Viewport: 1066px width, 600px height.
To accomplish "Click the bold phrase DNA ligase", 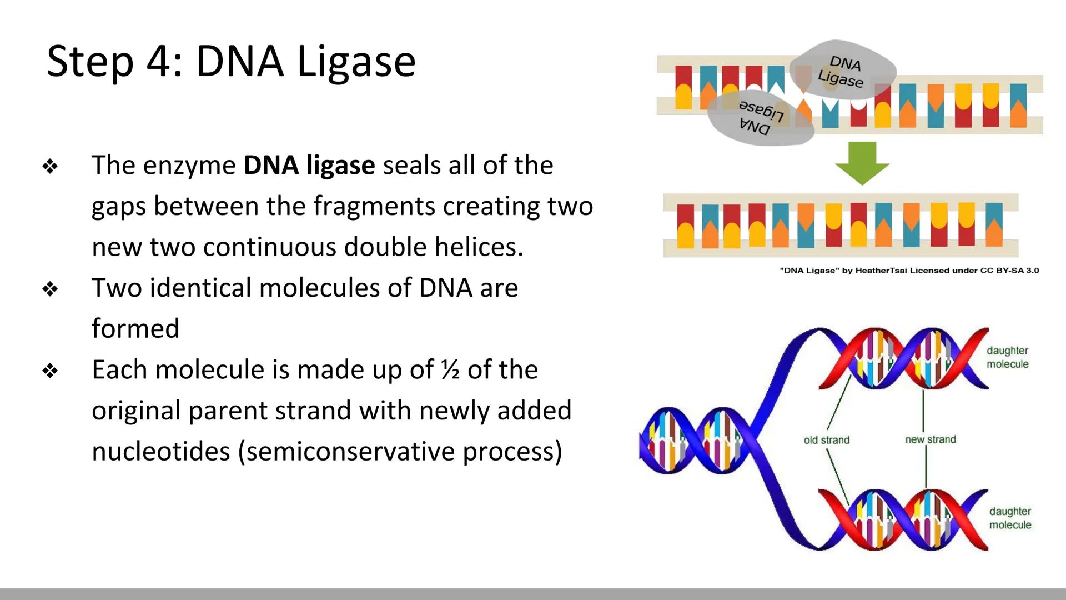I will [309, 166].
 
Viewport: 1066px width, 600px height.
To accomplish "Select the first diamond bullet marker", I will [50, 166].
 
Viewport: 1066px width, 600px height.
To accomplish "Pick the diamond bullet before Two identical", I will [50, 289].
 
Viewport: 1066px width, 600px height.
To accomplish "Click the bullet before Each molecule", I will [50, 371].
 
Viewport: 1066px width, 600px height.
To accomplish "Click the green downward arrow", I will [862, 163].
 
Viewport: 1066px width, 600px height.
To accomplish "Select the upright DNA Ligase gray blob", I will [842, 70].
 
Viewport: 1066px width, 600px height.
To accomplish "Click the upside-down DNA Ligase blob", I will [760, 118].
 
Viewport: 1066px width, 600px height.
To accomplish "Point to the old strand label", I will [826, 440].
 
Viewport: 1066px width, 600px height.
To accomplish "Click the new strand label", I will [931, 439].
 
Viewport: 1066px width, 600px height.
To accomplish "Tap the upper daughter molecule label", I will [1007, 357].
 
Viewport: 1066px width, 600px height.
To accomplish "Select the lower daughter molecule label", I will [1010, 518].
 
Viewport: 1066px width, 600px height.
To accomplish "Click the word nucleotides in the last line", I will [160, 451].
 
